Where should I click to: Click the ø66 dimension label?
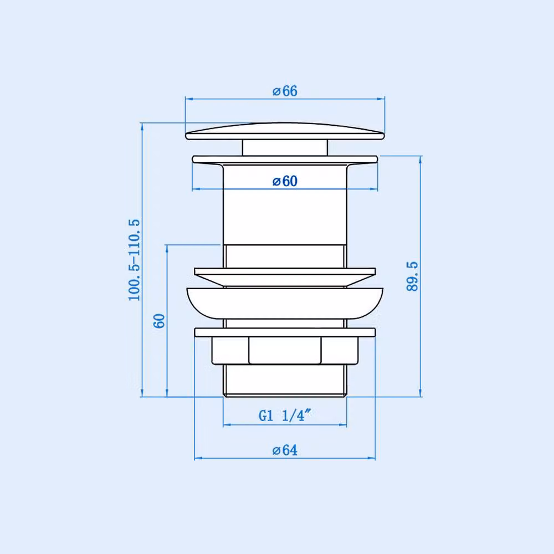pyautogui.click(x=285, y=91)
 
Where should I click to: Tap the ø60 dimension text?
pyautogui.click(x=285, y=181)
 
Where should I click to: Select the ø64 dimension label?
pyautogui.click(x=285, y=450)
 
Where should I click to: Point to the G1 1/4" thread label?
pyautogui.click(x=285, y=416)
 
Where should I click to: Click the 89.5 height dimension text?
pyautogui.click(x=412, y=276)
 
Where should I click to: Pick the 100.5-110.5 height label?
pyautogui.click(x=134, y=260)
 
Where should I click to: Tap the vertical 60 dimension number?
pyautogui.click(x=159, y=321)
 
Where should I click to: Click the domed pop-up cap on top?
pyautogui.click(x=285, y=131)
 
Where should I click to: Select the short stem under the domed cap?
pyautogui.click(x=285, y=148)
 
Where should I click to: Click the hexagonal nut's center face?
pyautogui.click(x=285, y=350)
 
